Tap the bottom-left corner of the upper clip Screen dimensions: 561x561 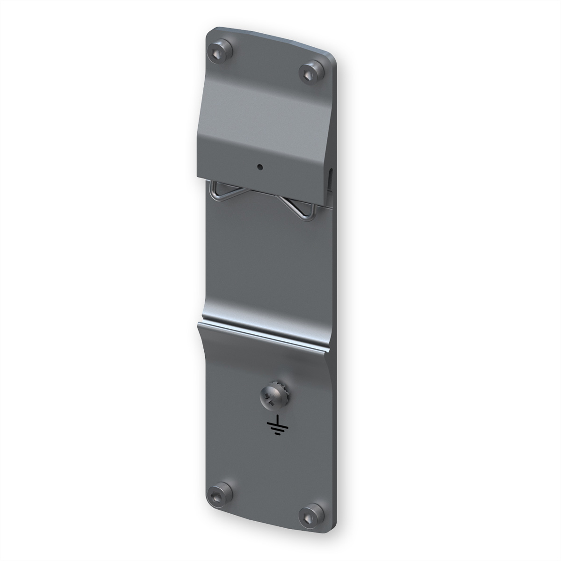tap(199, 178)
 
